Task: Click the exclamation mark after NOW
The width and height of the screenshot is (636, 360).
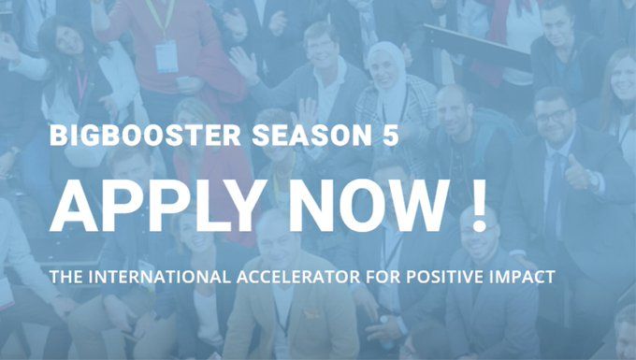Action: coord(480,203)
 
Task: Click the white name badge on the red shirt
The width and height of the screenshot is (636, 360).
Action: coord(166,55)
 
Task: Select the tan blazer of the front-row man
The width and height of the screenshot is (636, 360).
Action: coord(248,323)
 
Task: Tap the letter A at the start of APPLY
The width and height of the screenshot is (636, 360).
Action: coord(75,203)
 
